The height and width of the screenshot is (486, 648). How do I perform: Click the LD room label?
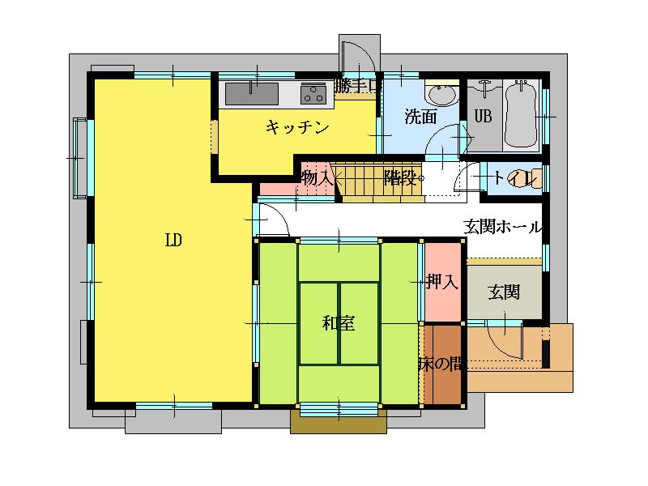pyautogui.click(x=173, y=240)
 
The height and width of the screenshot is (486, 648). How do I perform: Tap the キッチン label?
pyautogui.click(x=297, y=127)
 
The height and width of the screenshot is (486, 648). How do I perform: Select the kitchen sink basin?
pyautogui.click(x=252, y=94)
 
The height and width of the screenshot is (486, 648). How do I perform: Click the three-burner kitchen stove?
pyautogui.click(x=313, y=93)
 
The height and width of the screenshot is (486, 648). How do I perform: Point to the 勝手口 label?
pyautogui.click(x=356, y=86)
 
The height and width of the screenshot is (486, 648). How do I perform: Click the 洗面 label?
pyautogui.click(x=420, y=117)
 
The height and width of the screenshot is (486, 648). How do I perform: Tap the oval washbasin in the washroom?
pyautogui.click(x=442, y=94)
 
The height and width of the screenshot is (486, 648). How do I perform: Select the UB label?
pyautogui.click(x=483, y=116)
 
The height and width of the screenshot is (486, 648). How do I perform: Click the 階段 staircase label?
pyautogui.click(x=400, y=177)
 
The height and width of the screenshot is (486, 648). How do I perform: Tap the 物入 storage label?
pyautogui.click(x=318, y=178)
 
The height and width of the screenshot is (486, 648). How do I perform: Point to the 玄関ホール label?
pyautogui.click(x=502, y=227)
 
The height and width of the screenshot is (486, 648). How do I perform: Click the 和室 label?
pyautogui.click(x=339, y=322)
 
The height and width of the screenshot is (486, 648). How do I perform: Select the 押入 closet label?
pyautogui.click(x=442, y=282)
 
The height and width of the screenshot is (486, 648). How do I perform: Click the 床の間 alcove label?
pyautogui.click(x=441, y=364)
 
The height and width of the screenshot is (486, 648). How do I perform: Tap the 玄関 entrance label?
pyautogui.click(x=504, y=292)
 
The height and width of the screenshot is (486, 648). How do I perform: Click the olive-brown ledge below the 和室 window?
pyautogui.click(x=339, y=421)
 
